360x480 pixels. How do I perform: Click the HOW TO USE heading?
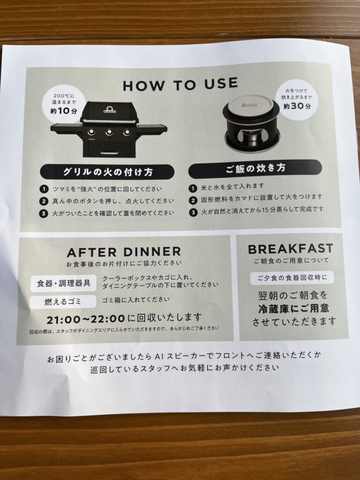[180, 84]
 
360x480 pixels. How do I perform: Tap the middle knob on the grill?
[109, 132]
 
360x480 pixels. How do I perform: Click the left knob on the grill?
[91, 132]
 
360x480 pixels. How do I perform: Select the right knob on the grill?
[127, 133]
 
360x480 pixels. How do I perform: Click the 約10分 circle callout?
[63, 104]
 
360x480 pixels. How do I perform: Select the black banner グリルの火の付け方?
[107, 172]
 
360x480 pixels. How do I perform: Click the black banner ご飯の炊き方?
[255, 169]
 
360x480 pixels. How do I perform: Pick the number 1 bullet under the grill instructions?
[44, 189]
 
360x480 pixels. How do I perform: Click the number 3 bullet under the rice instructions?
[193, 212]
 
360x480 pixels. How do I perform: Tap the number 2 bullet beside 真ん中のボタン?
[44, 201]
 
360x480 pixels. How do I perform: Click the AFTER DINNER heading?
[124, 252]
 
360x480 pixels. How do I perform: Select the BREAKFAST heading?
[290, 249]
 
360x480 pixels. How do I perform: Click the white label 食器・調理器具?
[63, 283]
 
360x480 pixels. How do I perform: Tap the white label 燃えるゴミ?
[63, 302]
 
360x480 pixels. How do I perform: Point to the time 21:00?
[63, 320]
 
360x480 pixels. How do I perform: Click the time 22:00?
[108, 319]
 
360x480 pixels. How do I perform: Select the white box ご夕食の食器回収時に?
[292, 277]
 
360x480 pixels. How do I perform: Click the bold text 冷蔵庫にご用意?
[293, 308]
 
